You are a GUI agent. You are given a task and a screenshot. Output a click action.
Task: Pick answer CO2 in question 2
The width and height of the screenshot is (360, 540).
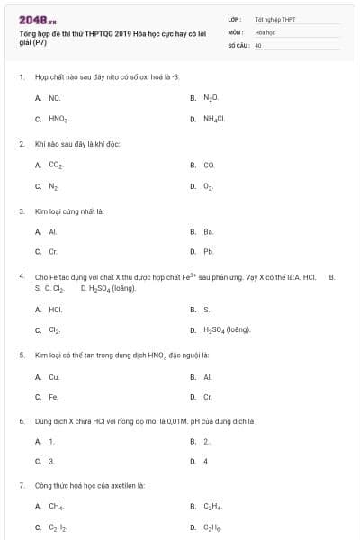56,165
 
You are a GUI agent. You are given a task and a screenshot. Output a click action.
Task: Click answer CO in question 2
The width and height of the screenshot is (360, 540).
209,165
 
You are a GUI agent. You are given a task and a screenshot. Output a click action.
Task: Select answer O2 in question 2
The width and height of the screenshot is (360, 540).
209,186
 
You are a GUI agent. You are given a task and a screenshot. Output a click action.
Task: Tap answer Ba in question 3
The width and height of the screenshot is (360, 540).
208,232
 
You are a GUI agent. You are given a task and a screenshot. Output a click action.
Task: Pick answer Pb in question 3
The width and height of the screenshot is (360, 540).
208,253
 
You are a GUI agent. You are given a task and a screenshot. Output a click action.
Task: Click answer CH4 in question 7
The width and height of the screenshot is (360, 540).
56,507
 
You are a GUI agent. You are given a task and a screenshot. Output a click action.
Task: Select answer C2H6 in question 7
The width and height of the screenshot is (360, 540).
211,527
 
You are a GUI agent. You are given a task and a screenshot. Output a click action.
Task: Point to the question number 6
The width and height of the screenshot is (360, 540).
22,420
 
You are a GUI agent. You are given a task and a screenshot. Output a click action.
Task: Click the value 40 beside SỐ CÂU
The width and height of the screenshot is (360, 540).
258,44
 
